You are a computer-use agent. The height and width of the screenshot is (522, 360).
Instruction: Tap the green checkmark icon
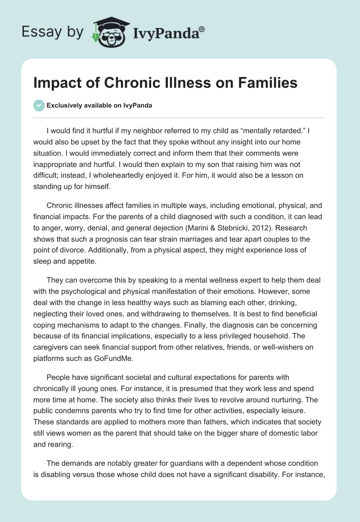(x=39, y=106)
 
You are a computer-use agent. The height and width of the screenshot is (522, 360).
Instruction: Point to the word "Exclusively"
(x=63, y=106)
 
